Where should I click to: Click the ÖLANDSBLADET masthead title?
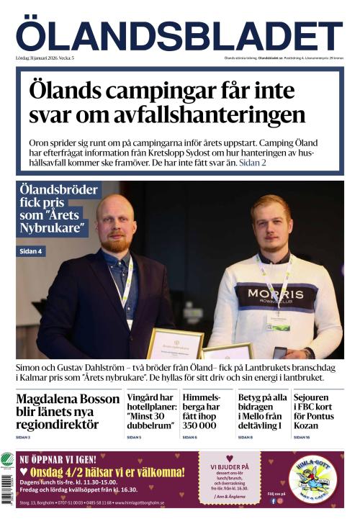point(179,36)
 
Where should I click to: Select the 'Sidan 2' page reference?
point(253,163)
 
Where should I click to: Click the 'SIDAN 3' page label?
point(23,437)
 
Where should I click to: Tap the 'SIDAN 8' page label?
point(245,437)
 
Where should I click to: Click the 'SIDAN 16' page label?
point(302,437)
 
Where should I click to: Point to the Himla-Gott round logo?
point(313,480)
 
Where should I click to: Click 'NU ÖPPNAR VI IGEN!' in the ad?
point(60,458)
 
